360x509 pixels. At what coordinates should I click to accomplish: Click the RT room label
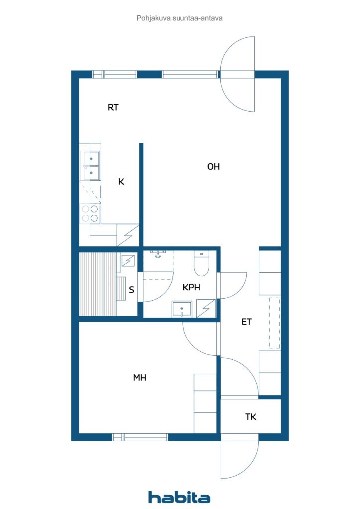[113, 107]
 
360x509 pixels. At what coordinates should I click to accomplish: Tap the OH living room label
[214, 167]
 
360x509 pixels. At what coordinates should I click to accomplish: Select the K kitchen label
[121, 182]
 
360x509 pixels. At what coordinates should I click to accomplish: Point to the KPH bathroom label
[191, 287]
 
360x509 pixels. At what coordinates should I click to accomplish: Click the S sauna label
[131, 290]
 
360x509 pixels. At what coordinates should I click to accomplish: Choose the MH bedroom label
[140, 378]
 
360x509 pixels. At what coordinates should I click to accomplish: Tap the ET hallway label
[247, 322]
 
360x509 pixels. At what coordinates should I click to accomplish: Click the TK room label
[251, 416]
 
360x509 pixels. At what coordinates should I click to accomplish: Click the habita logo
[179, 497]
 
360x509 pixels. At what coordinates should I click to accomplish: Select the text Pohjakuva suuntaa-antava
[180, 18]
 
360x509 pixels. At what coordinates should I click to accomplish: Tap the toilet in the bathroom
[201, 263]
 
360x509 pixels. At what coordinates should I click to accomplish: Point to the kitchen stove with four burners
[90, 213]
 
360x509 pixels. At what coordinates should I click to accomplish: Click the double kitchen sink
[90, 166]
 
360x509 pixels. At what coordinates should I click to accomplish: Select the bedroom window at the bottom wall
[140, 437]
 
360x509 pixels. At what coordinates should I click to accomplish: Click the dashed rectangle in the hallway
[274, 323]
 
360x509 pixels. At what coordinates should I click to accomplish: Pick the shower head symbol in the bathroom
[158, 254]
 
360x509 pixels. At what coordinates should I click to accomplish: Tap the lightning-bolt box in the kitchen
[128, 235]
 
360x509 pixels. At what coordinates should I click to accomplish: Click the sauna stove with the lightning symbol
[128, 260]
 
